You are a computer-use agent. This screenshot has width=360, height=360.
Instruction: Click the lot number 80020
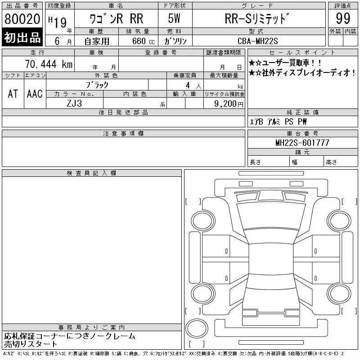(x=22, y=18)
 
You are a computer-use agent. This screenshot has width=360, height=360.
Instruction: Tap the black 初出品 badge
(x=22, y=37)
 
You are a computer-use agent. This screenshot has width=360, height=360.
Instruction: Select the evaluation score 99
(x=343, y=18)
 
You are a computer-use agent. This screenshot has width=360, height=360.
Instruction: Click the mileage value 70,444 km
(x=49, y=64)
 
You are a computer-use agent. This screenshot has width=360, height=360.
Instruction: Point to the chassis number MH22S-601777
(x=302, y=143)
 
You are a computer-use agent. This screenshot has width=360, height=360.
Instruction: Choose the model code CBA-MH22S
(x=257, y=41)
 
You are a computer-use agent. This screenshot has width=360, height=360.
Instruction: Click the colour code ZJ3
(x=74, y=103)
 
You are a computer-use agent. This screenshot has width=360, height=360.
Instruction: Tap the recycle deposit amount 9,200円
(x=229, y=104)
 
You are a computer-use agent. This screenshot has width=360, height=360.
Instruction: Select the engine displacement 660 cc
(x=144, y=41)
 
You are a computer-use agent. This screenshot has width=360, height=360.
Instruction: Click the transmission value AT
(x=13, y=94)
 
